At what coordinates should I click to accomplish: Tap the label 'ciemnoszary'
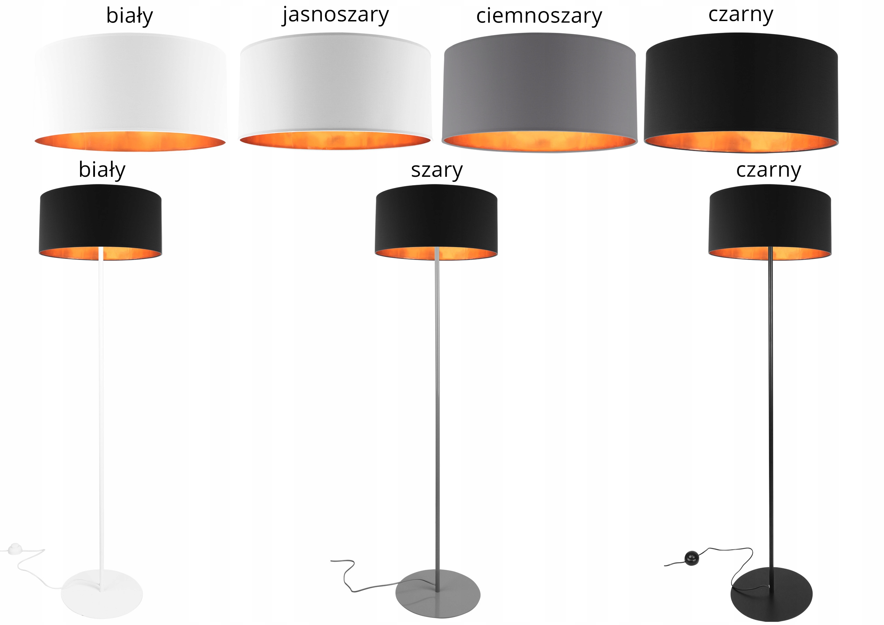click(x=539, y=16)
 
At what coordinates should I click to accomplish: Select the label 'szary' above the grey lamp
click(x=436, y=170)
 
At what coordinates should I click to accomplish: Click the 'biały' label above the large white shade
click(x=129, y=16)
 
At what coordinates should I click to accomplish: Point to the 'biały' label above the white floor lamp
click(x=102, y=170)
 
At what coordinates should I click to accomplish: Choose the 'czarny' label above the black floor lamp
click(x=769, y=170)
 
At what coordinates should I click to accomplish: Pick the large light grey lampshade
click(x=335, y=91)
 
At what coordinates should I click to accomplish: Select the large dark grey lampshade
click(x=539, y=93)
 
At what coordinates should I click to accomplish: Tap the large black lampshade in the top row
click(x=741, y=93)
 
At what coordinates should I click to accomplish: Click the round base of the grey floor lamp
click(x=438, y=594)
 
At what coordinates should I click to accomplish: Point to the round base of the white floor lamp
click(x=102, y=594)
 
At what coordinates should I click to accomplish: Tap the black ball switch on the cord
click(x=692, y=558)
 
